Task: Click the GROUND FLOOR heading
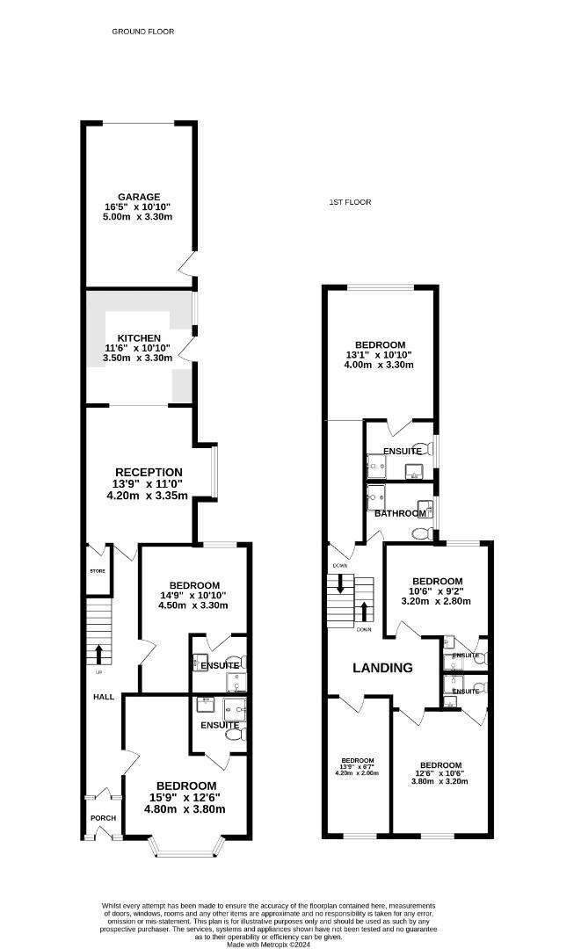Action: (x=142, y=32)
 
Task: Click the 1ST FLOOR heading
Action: (x=350, y=202)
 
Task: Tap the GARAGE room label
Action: (x=140, y=197)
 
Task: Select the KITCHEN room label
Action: (x=140, y=337)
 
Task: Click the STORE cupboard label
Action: (x=97, y=571)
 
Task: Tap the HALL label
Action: (x=103, y=697)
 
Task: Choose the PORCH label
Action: (x=103, y=817)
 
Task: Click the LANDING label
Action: (x=382, y=668)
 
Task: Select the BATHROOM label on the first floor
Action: (x=400, y=513)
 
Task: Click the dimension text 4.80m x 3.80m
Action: (x=186, y=809)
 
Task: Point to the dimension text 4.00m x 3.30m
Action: (x=380, y=366)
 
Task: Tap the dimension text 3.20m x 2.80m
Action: (x=437, y=602)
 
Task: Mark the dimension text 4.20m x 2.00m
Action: (x=358, y=774)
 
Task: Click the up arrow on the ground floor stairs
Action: (x=98, y=654)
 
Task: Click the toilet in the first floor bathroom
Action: (x=420, y=533)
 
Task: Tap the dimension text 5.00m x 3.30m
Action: (x=140, y=216)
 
